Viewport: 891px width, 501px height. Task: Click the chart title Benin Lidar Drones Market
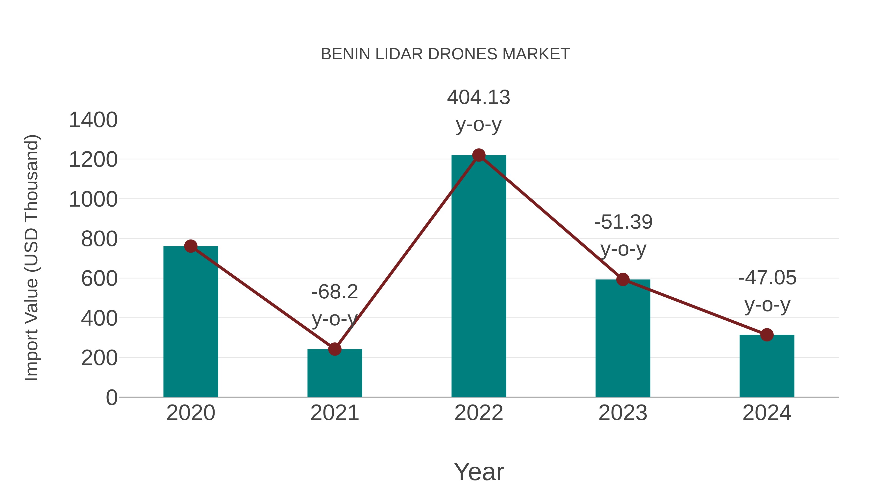445,54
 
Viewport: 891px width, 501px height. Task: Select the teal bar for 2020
191,322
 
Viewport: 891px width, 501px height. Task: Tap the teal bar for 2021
334,373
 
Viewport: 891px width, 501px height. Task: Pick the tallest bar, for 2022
479,277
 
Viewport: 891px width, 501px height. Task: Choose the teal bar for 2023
623,339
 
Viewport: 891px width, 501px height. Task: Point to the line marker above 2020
191,246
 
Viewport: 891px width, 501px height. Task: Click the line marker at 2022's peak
479,155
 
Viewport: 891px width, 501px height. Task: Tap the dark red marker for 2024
767,335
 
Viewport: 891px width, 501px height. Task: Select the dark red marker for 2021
334,349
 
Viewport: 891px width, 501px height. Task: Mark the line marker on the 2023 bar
623,279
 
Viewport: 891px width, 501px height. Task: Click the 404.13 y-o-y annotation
479,111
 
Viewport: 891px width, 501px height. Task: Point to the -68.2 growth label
334,305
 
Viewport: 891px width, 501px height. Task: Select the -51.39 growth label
623,236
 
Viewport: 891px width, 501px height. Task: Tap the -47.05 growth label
767,291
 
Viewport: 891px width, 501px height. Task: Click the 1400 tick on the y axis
93,120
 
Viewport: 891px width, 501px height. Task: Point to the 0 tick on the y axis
111,397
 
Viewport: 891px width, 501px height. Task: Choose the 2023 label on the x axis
623,413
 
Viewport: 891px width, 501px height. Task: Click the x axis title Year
479,472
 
